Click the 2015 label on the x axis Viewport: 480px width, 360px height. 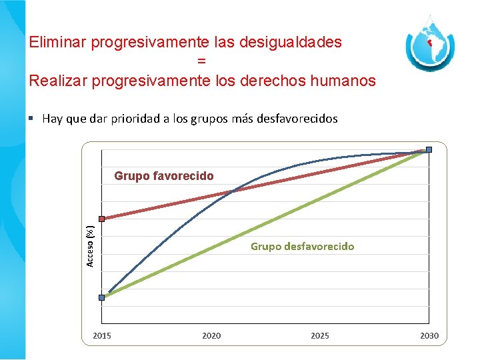[101, 335]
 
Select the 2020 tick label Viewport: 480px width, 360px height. [211, 335]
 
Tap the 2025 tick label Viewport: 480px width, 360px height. [320, 335]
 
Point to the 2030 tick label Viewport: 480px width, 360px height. [429, 335]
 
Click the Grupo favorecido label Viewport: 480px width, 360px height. [164, 176]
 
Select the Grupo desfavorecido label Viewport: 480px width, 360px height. [302, 246]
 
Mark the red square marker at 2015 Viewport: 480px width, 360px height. [101, 219]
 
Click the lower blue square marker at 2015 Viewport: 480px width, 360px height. [101, 297]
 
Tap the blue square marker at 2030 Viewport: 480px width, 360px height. [429, 149]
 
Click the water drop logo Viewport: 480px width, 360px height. [430, 45]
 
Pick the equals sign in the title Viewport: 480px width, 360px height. [201, 61]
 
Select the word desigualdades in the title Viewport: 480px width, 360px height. [289, 43]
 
